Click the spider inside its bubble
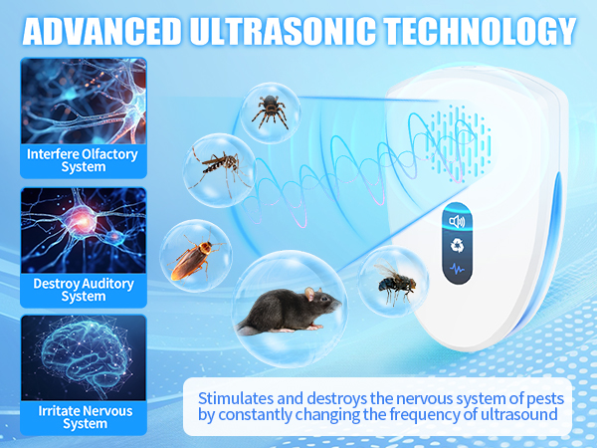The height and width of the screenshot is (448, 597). (x=271, y=111)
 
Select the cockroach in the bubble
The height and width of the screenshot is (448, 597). (x=193, y=258)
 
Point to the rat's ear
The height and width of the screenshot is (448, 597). (x=310, y=294)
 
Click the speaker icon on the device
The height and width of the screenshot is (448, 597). (x=457, y=221)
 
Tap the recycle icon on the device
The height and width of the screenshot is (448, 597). (x=457, y=245)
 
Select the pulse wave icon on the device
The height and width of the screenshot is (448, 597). (x=457, y=269)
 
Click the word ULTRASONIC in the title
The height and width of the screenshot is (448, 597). (x=283, y=31)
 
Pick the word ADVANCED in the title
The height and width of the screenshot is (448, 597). (x=101, y=31)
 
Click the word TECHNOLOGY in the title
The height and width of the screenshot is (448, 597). (x=480, y=31)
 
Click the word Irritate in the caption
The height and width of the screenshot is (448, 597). (x=59, y=411)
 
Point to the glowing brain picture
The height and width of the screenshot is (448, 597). (x=84, y=357)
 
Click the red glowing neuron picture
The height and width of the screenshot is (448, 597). (x=84, y=230)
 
